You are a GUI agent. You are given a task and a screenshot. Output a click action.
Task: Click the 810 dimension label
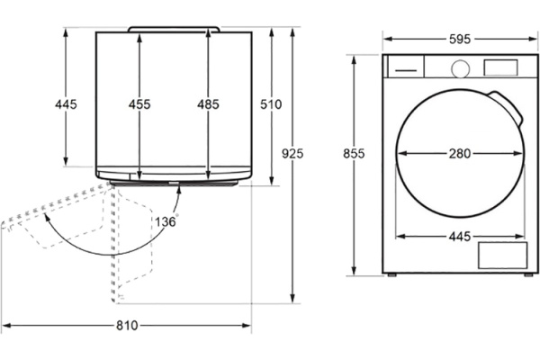pos(127,325)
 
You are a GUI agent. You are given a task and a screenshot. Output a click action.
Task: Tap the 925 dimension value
pos(292,153)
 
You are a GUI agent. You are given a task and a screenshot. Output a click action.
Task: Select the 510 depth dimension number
pos(271,104)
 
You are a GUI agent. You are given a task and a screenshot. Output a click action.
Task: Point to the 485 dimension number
pos(208,104)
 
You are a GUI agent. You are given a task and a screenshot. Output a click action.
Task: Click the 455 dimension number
pos(139,104)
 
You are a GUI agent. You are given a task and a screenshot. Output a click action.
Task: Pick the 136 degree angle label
pos(166,221)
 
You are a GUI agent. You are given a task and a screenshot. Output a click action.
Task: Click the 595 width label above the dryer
pos(460,40)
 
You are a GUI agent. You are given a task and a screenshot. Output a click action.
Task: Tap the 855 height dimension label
pos(354,153)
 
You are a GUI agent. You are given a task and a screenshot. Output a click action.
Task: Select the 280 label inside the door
pos(460,153)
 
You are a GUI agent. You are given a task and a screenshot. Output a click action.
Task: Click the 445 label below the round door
pos(460,237)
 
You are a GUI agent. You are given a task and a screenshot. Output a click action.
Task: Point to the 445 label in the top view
pos(66,104)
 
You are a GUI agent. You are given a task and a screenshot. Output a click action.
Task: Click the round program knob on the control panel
pos(461,69)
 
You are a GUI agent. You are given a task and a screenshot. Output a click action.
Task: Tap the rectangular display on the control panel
pos(500,67)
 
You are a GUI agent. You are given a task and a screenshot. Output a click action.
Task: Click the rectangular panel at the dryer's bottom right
pos(502,256)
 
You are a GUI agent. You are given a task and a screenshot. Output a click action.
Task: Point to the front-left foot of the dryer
pos(391,274)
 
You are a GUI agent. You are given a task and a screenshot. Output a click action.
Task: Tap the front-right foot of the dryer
pos(528,274)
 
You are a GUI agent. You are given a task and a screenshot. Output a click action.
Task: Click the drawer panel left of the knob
pos(406,67)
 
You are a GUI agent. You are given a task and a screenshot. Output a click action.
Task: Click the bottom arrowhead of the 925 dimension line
pos(292,298)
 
